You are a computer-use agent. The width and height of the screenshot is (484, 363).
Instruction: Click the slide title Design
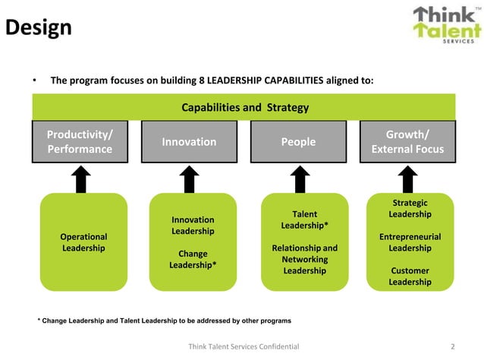pos(39,28)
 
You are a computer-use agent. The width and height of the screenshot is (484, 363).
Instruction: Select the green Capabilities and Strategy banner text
pos(245,107)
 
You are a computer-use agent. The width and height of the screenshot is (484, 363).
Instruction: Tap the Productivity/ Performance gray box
pos(80,142)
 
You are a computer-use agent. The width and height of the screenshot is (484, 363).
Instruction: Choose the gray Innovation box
pos(189,142)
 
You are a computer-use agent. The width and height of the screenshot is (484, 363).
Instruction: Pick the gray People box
pos(298,142)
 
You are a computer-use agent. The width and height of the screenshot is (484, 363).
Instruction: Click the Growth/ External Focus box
pos(407,142)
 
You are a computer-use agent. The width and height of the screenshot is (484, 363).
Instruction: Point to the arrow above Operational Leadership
pos(83,179)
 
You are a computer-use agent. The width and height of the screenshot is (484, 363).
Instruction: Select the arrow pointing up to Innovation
pos(191,179)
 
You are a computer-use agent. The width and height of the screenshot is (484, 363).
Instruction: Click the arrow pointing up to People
pos(301,179)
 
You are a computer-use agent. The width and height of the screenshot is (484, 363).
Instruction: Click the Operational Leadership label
pos(83,242)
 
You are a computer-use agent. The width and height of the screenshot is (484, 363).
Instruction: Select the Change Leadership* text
pos(193,259)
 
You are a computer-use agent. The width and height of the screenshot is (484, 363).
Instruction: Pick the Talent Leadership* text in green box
pos(304,219)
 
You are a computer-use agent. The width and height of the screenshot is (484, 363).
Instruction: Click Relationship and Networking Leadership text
pos(304,259)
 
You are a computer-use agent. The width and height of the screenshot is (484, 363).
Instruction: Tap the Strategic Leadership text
pos(410,209)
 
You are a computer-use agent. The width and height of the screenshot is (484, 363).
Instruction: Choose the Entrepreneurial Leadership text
pos(410,242)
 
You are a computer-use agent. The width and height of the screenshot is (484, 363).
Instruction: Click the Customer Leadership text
pos(410,276)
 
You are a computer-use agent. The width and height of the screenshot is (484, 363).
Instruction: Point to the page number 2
pos(452,346)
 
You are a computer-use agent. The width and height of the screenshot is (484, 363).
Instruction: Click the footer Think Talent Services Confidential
pos(243,346)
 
